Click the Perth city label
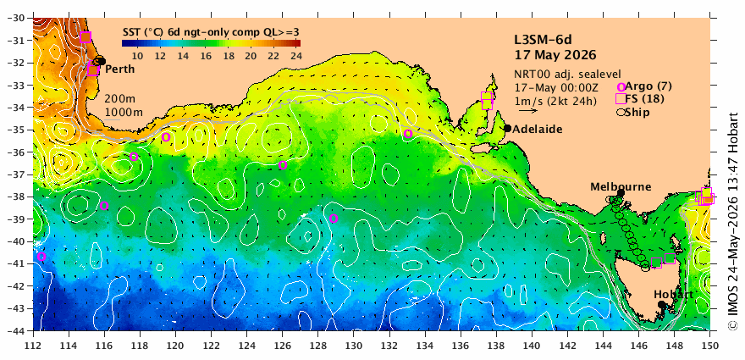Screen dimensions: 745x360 (119, 69)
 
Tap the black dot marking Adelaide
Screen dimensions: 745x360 (507, 129)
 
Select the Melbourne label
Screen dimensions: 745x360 (621, 187)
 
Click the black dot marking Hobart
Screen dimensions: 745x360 (661, 304)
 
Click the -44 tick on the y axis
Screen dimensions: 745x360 (20, 330)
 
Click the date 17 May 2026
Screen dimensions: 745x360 (555, 55)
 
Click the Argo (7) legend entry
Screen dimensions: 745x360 (639, 86)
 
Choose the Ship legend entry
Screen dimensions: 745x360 (633, 112)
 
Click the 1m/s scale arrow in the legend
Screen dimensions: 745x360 (528, 111)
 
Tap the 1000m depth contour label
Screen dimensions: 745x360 (124, 112)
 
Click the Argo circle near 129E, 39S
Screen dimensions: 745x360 (334, 219)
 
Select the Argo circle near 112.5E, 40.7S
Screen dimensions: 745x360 (41, 257)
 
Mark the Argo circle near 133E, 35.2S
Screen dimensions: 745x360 (408, 134)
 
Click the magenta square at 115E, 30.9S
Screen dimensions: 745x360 (86, 37)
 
